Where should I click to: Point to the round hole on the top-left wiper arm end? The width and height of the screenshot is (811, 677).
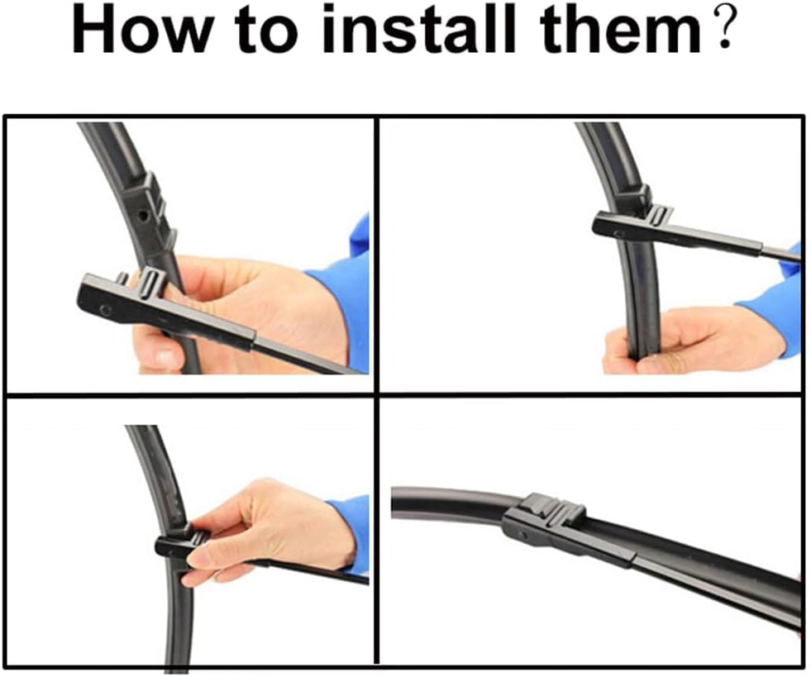pos(106,310)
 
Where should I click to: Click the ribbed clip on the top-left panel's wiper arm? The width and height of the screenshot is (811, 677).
pos(149,283)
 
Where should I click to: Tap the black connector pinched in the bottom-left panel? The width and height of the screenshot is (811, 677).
pos(179,544)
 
